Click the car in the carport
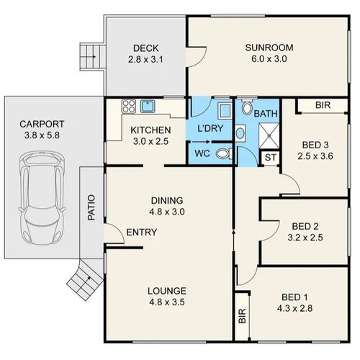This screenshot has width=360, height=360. click(42, 198)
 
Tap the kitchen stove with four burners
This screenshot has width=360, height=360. click(129, 107)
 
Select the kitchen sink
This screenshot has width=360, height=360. click(148, 107)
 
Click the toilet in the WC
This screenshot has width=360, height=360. click(224, 153)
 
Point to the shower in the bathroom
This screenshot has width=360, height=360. click(269, 135)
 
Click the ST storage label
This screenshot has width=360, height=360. click(271, 158)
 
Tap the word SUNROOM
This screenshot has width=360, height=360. click(269, 48)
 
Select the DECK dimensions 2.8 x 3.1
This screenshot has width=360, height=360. click(145, 59)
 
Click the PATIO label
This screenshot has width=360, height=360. click(91, 207)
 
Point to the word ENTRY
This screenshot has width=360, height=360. click(142, 232)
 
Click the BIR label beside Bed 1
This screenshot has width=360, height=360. click(243, 315)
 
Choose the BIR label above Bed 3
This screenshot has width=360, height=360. click(323, 105)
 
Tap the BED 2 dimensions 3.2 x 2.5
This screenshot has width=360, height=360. click(305, 238)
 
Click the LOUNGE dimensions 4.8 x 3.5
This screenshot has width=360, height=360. click(167, 302)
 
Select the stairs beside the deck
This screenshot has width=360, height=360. click(92, 57)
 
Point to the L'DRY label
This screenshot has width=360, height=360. click(210, 128)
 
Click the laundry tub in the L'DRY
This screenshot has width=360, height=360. click(225, 110)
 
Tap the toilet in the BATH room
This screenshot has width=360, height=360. click(247, 107)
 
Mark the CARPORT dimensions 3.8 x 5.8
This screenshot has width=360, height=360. click(42, 135)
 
